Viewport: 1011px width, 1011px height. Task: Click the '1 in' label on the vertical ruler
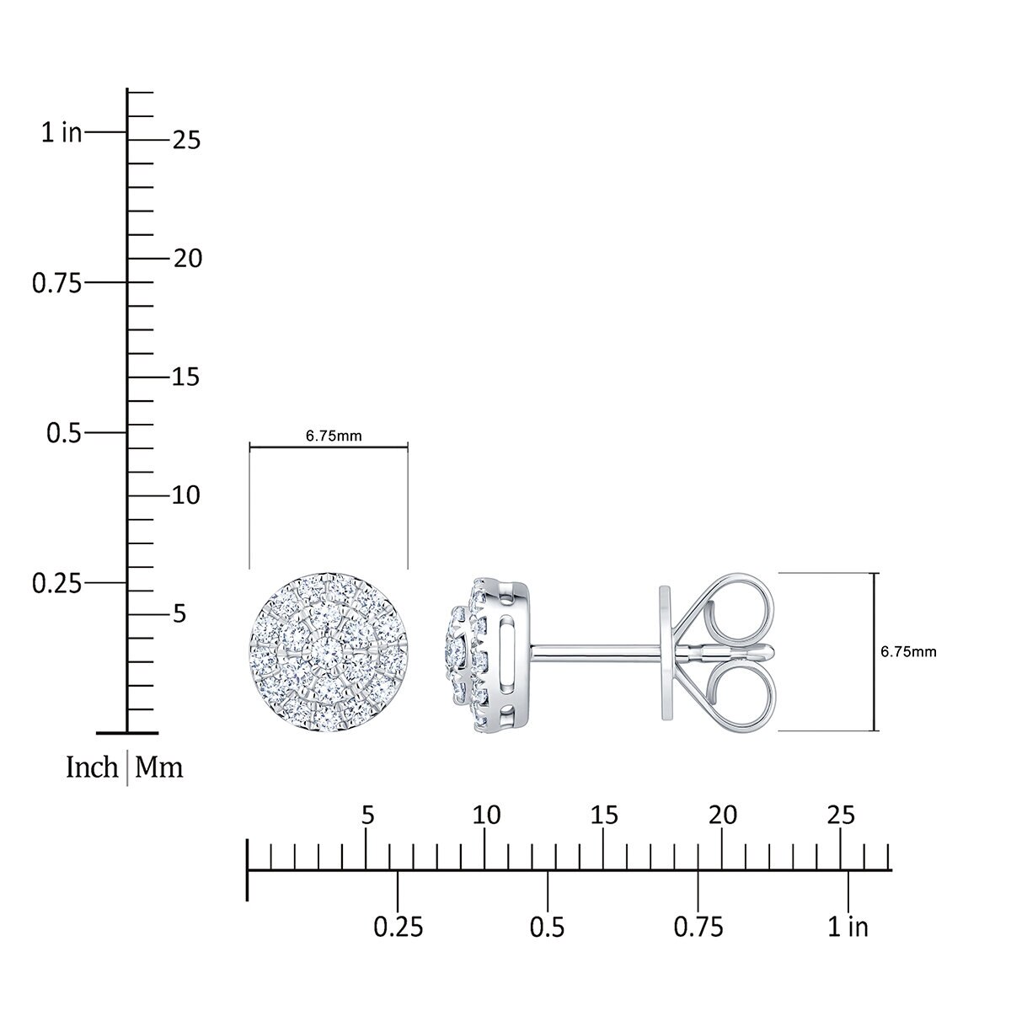coord(62,132)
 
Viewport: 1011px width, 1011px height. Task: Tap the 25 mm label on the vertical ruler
coord(187,140)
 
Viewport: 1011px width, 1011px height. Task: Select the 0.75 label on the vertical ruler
coord(57,283)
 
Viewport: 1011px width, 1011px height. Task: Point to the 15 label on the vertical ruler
coord(186,377)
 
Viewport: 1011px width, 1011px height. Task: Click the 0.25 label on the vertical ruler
coord(57,583)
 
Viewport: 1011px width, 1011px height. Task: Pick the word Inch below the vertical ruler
coord(92,768)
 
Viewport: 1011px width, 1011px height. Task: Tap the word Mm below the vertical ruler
coord(159,768)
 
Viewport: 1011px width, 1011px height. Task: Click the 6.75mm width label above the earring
coord(334,436)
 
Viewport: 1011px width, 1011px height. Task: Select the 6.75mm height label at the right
coord(908,651)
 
